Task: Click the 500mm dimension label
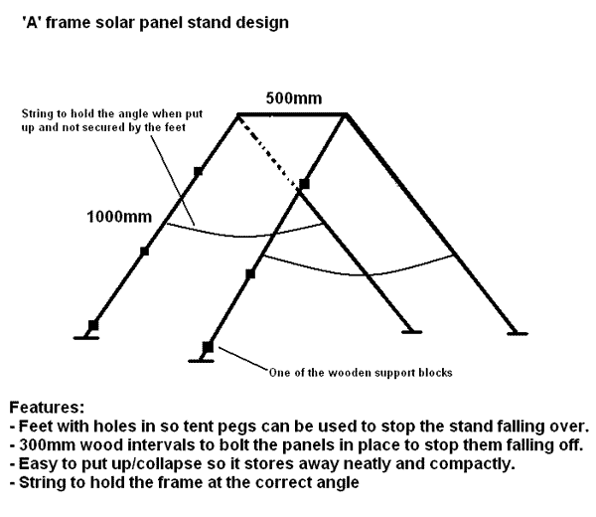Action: pyautogui.click(x=294, y=98)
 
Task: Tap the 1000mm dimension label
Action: pyautogui.click(x=119, y=217)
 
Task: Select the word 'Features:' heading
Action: pyautogui.click(x=47, y=408)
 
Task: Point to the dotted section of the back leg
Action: pyautogui.click(x=268, y=151)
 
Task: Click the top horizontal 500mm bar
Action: pyautogui.click(x=292, y=113)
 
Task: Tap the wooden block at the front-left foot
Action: pyautogui.click(x=208, y=348)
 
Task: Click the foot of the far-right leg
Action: pyautogui.click(x=518, y=334)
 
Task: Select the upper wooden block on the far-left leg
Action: pyautogui.click(x=198, y=172)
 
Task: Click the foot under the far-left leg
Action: pyautogui.click(x=85, y=337)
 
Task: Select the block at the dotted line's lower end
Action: pyautogui.click(x=304, y=184)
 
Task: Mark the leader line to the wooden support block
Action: pyautogui.click(x=243, y=358)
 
